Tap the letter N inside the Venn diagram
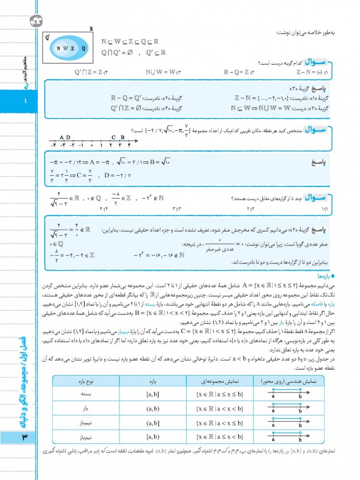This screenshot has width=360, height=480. (x=58, y=48)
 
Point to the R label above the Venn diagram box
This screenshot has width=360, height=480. (x=91, y=29)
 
